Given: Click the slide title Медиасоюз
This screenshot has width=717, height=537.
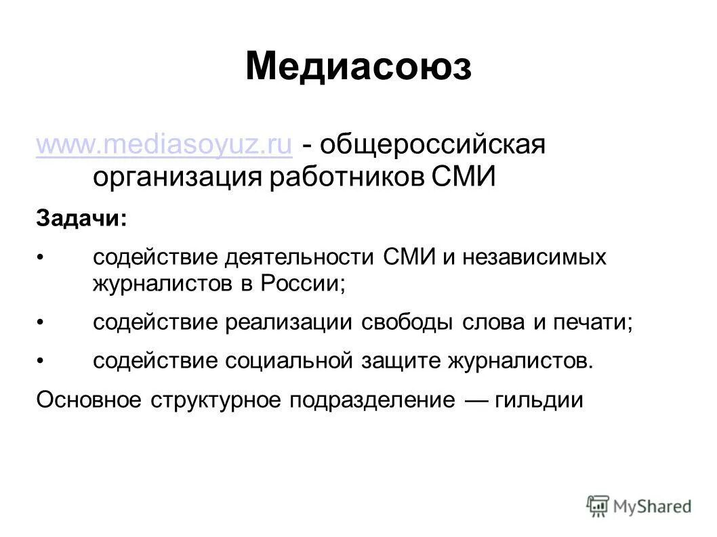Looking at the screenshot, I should [x=358, y=67].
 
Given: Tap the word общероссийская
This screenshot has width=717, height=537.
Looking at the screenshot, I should [x=434, y=145].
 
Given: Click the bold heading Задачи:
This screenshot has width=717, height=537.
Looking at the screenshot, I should [x=81, y=218].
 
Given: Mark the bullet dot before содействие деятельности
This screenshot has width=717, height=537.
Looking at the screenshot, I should [x=40, y=258].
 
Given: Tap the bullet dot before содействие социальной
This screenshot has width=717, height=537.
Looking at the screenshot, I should [x=40, y=361].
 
